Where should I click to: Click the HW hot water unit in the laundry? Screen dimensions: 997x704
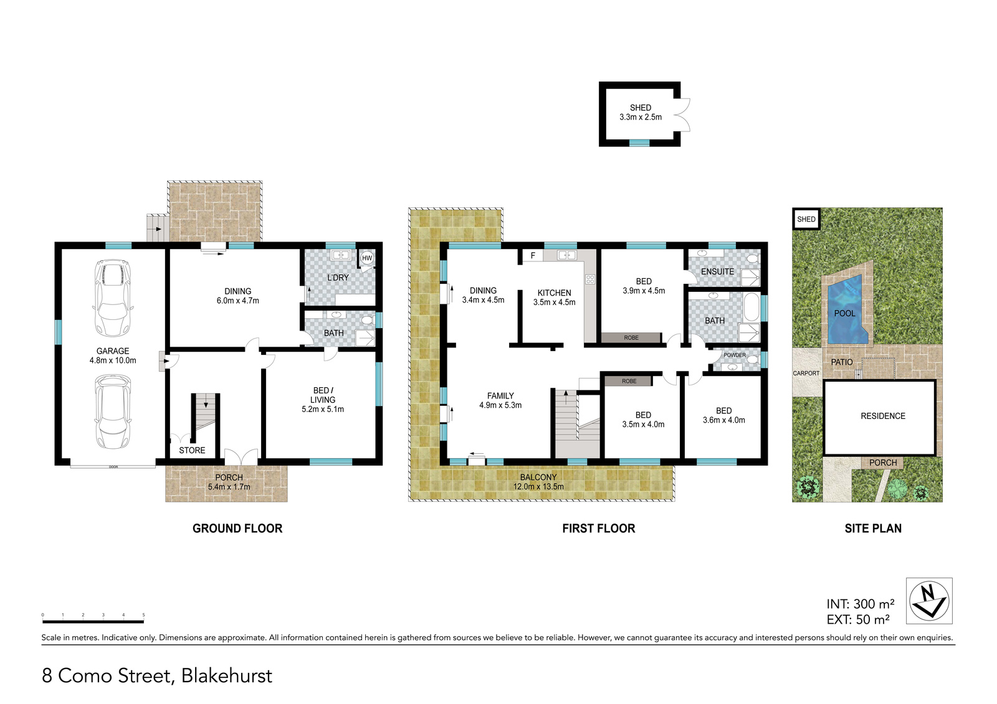(367, 258)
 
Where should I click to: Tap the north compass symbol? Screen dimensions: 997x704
(929, 601)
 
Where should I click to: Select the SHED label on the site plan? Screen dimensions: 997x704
(806, 219)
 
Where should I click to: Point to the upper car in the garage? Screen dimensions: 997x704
(112, 298)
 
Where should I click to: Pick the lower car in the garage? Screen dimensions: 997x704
(112, 411)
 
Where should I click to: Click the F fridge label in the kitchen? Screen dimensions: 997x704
(533, 256)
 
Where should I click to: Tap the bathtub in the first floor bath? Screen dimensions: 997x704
(751, 307)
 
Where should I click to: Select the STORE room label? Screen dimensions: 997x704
(192, 451)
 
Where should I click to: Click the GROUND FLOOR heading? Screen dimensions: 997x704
(237, 528)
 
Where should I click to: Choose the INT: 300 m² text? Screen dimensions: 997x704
(861, 604)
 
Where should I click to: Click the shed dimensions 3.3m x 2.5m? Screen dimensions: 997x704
(641, 117)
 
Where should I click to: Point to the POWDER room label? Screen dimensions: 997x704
(735, 355)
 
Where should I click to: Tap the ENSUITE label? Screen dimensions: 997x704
(717, 271)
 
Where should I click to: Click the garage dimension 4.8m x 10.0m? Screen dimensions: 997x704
(113, 360)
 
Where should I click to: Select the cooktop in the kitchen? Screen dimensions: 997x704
(590, 279)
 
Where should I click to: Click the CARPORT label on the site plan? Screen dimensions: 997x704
(806, 373)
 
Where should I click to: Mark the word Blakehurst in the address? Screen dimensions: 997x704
(227, 675)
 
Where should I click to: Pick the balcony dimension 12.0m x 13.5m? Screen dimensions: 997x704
(538, 487)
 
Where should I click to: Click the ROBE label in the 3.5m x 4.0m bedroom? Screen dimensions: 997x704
(629, 381)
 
